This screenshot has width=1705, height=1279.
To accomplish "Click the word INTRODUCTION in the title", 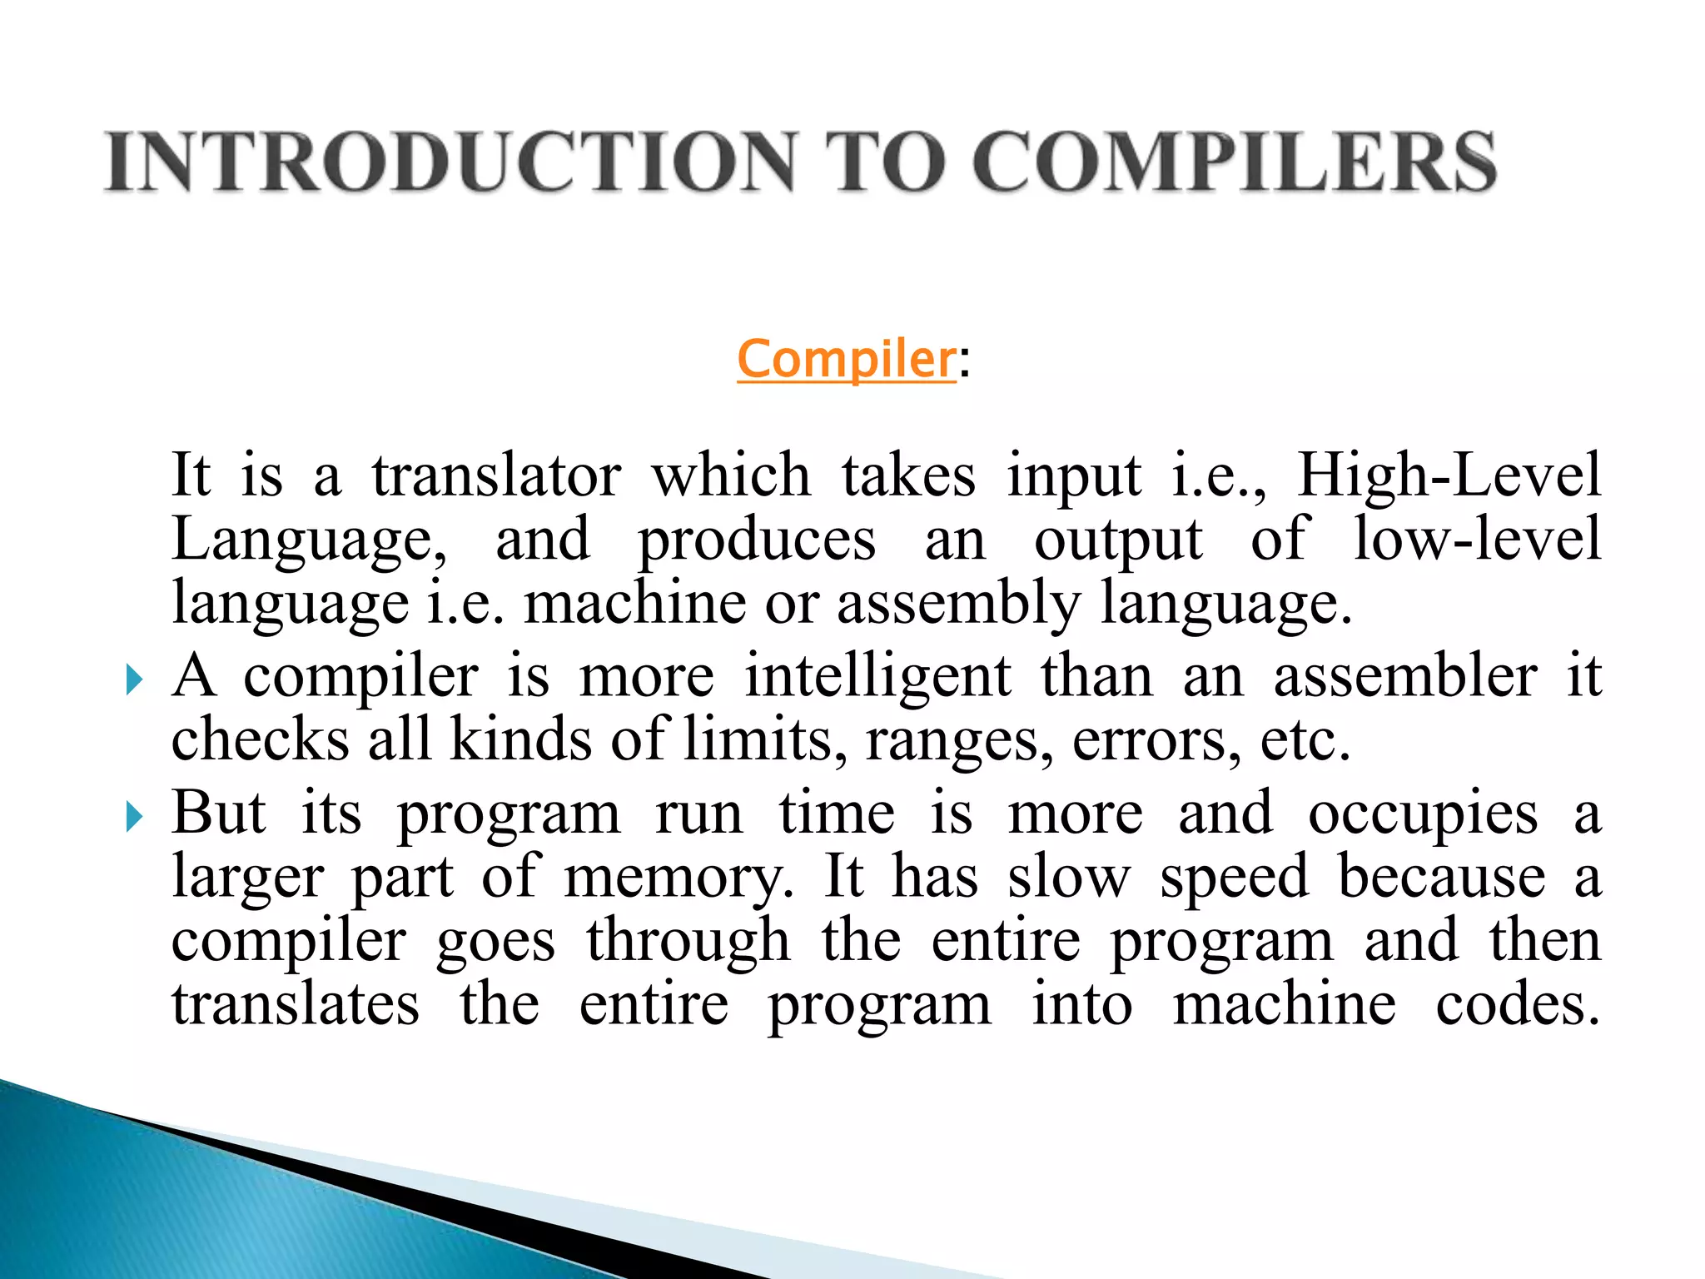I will tap(450, 162).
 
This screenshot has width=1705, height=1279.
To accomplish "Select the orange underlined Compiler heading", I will tap(846, 360).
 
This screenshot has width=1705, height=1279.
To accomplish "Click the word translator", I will tap(496, 476).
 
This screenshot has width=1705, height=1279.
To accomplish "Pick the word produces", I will tap(757, 541).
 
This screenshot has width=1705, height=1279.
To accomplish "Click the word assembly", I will tap(958, 605).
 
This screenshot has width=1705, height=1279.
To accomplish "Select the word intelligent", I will tap(877, 677).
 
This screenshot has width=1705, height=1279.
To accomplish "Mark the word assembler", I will tap(1405, 675).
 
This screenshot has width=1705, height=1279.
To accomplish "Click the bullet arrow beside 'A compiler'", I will tap(134, 680).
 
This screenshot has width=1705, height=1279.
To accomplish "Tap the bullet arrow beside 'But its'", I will tap(134, 817).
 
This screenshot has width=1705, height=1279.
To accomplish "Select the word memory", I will tap(679, 879).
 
